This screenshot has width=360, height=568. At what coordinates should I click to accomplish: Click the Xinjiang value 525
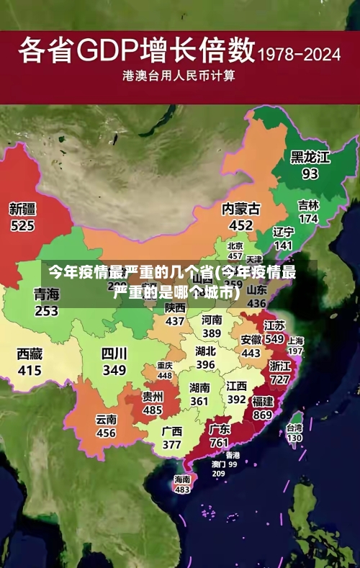click(22, 226)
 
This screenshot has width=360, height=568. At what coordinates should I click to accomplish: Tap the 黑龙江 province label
click(310, 156)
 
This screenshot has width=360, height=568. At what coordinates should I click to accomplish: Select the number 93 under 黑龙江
click(310, 173)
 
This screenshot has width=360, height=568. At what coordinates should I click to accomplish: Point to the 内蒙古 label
click(240, 209)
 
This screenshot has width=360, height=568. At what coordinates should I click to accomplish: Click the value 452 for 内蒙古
click(240, 225)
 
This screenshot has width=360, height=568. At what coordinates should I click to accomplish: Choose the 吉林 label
click(308, 205)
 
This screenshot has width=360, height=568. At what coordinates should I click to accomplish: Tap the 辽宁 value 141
click(284, 245)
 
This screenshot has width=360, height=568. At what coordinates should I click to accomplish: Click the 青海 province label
click(46, 294)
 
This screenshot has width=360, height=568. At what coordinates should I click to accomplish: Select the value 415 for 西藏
click(30, 371)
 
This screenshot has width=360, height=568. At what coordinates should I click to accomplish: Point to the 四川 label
click(114, 353)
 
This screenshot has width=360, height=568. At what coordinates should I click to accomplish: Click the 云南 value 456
click(106, 433)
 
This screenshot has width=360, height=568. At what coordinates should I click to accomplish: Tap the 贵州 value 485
click(152, 410)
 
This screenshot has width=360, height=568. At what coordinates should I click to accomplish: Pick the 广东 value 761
click(219, 443)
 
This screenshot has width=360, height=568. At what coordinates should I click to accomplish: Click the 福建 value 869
click(263, 415)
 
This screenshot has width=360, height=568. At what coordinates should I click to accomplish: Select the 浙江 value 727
click(279, 379)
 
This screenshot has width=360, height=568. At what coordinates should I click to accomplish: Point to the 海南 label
click(182, 479)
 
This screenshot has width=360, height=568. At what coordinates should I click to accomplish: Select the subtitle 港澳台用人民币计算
click(179, 75)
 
